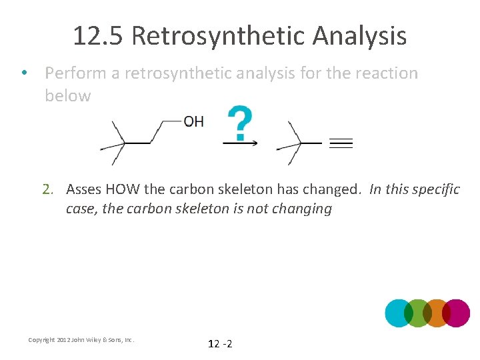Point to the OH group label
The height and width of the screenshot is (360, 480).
(x=193, y=121)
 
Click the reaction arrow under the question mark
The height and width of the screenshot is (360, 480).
(x=240, y=142)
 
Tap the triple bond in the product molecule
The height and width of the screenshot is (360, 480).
(x=341, y=143)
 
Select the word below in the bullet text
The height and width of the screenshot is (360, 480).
(x=68, y=95)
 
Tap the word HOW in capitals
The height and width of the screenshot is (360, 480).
(x=123, y=189)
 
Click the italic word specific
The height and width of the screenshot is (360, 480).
(x=437, y=189)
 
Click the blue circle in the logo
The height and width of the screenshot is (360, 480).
(x=399, y=313)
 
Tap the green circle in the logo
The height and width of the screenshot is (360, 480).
(x=419, y=313)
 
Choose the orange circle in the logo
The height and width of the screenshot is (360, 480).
(x=437, y=313)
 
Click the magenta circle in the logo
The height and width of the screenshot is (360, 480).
(x=457, y=313)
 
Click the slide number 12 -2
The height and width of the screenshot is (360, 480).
(x=220, y=344)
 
